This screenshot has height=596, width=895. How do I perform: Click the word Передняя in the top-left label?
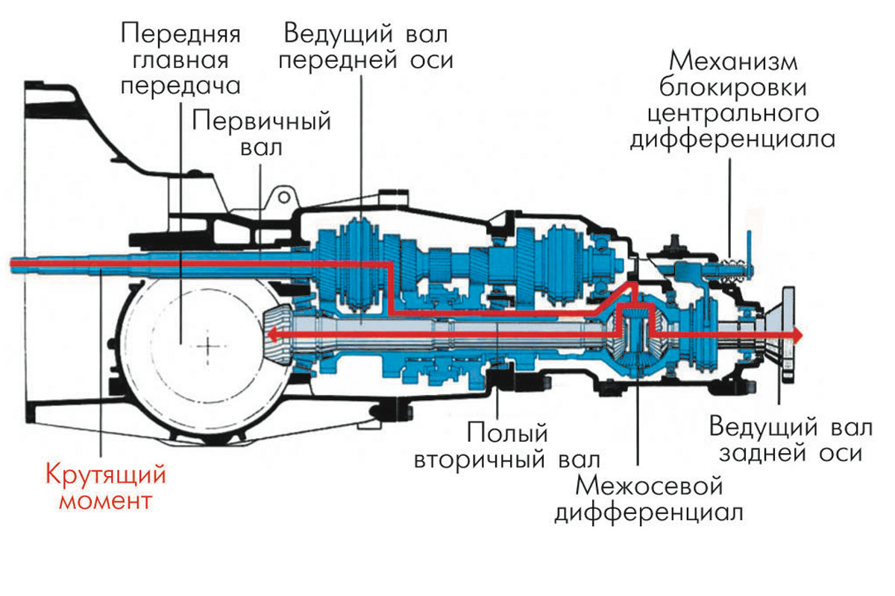[180, 34]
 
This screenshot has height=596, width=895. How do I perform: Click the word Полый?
[508, 432]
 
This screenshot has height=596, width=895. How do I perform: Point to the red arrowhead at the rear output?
[798, 335]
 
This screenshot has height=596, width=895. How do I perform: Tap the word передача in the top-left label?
[180, 86]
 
